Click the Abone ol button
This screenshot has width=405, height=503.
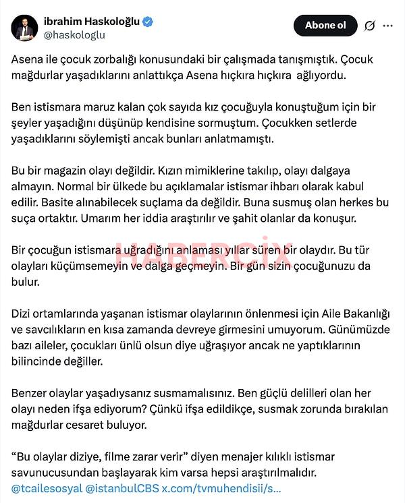(325, 26)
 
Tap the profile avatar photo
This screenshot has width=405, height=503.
(24, 27)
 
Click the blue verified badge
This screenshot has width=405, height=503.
(147, 22)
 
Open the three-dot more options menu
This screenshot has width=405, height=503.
(387, 26)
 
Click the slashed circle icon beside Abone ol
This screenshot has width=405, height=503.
(369, 26)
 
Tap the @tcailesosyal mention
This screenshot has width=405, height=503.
(45, 487)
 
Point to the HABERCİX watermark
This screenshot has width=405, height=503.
(202, 255)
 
